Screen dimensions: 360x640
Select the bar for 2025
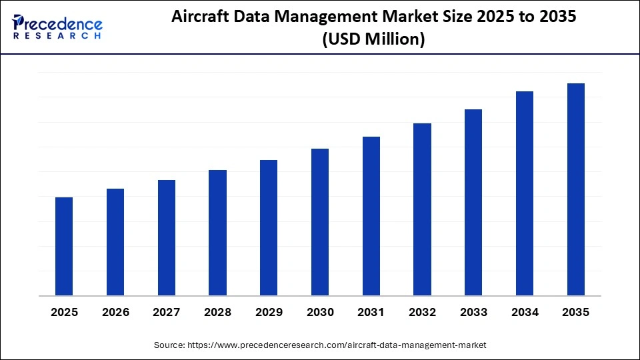64,247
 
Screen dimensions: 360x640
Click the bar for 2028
217,233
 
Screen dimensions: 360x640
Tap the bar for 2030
320,222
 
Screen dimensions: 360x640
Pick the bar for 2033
473,203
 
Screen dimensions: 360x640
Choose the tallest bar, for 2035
576,189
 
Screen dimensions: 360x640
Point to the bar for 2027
167,238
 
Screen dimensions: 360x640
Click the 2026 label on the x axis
115,313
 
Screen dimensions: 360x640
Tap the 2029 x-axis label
269,313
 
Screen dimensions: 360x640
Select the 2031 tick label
371,313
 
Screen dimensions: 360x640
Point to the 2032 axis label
422,313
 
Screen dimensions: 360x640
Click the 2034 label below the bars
525,313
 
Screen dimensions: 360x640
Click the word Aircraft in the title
198,18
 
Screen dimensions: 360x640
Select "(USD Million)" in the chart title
373,39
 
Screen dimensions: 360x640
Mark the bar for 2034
525,193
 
